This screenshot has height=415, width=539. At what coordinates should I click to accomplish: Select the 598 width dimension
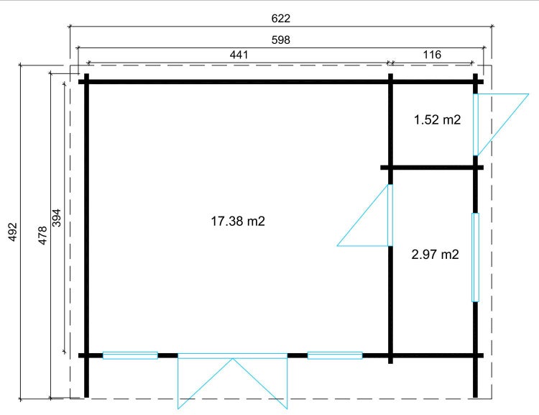click(280, 40)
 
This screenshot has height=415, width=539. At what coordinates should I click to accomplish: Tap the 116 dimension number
click(432, 55)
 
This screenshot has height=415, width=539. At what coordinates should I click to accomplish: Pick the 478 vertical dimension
click(42, 235)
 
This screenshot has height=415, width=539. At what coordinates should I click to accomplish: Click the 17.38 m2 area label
click(238, 222)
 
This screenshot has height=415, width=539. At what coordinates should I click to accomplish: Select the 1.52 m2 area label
click(437, 120)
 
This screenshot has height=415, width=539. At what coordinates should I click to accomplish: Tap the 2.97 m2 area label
click(435, 254)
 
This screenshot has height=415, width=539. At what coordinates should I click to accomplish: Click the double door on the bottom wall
click(233, 381)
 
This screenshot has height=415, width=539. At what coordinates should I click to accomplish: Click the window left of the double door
click(130, 355)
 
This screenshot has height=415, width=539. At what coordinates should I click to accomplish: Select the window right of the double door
click(335, 355)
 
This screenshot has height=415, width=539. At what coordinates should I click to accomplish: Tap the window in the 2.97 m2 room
click(475, 257)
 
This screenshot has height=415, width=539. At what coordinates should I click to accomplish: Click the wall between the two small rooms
click(431, 168)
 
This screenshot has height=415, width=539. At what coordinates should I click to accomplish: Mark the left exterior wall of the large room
click(86, 216)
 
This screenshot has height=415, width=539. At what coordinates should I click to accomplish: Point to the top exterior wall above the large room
click(237, 82)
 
